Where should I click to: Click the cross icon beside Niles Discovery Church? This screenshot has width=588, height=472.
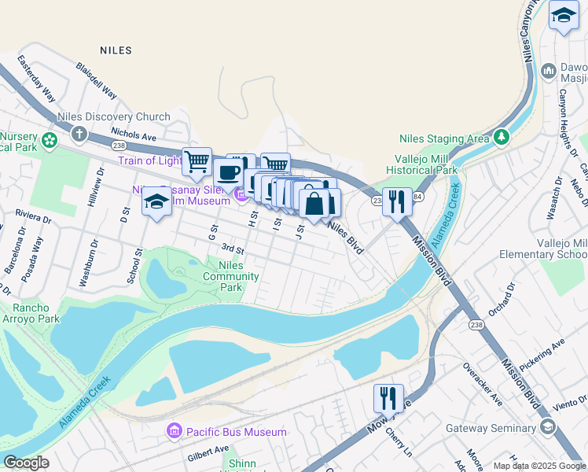76,132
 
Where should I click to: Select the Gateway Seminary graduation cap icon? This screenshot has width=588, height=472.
546,426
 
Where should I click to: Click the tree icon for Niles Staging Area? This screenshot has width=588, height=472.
501,138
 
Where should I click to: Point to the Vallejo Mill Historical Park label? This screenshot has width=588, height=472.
422,164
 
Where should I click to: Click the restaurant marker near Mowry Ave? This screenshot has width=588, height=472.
388,399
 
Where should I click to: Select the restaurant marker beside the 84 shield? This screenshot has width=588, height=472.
397,202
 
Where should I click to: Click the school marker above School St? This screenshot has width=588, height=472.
156,202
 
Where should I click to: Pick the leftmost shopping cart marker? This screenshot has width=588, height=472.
197,162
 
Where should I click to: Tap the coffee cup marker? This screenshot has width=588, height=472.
229,172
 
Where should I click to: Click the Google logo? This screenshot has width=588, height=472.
26,462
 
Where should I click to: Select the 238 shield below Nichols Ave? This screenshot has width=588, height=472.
119,146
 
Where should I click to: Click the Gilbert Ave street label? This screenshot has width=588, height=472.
208,455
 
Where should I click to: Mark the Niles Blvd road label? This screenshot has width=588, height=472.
346,237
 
